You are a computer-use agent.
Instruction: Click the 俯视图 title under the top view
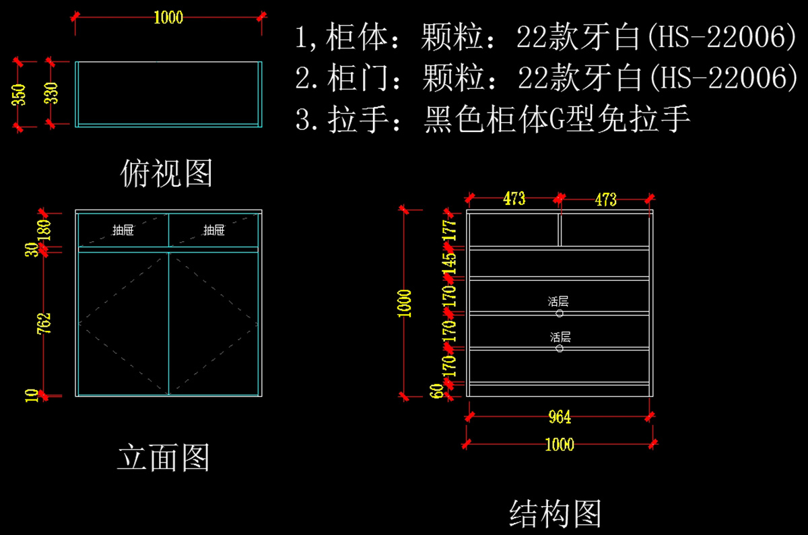click(166, 173)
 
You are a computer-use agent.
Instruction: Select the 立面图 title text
click(164, 458)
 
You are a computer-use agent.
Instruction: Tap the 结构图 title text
click(555, 513)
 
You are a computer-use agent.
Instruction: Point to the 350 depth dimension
click(19, 94)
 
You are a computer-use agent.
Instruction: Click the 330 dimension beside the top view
click(51, 93)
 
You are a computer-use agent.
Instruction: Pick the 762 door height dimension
click(44, 323)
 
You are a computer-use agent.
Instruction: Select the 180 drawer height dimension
click(44, 230)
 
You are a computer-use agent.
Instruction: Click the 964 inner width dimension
click(560, 417)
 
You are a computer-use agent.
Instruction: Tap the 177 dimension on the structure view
click(450, 230)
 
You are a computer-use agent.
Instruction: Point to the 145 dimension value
click(450, 264)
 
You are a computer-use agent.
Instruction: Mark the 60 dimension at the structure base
click(436, 391)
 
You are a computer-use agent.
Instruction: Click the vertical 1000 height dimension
click(405, 304)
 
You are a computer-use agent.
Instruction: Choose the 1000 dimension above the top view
click(168, 18)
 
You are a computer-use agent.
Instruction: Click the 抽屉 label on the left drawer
click(123, 230)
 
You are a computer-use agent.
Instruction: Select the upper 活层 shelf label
click(558, 301)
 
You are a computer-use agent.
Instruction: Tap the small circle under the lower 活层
click(560, 348)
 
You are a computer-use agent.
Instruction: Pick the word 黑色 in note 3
click(454, 119)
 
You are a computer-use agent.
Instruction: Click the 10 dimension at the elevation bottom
click(32, 396)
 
